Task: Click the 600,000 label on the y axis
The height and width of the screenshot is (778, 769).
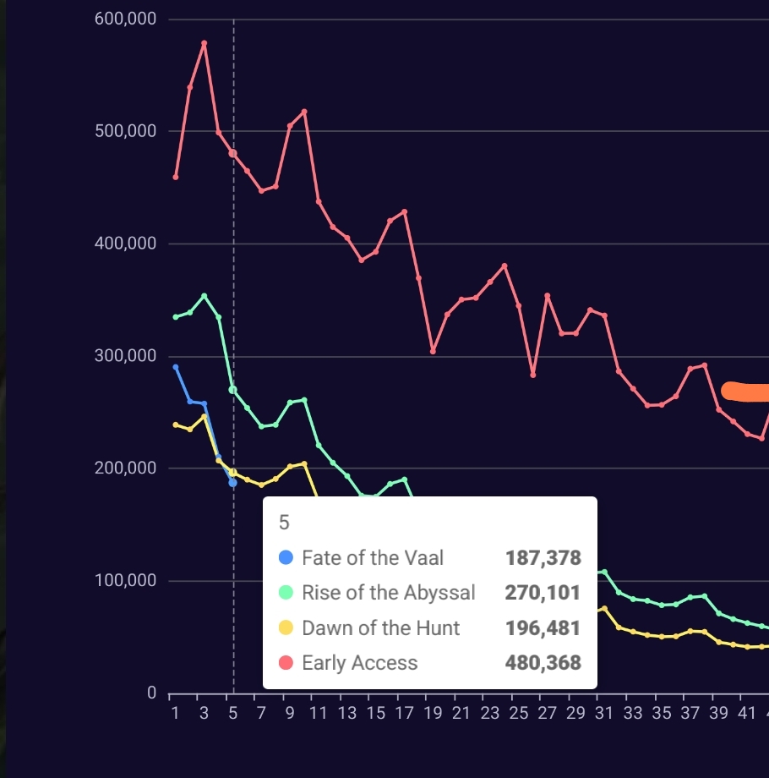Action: (126, 19)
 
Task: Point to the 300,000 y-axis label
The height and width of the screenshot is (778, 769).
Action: (126, 356)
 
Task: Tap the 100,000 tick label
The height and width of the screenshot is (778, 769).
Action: (126, 581)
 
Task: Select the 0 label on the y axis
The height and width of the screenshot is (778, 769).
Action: (151, 693)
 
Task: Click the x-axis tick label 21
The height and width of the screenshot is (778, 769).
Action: (461, 713)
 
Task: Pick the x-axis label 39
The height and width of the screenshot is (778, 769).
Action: (718, 713)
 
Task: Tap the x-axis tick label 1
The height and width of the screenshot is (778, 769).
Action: (175, 713)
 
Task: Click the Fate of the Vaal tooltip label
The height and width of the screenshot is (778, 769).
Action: (373, 558)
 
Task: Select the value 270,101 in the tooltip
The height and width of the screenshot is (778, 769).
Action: (543, 593)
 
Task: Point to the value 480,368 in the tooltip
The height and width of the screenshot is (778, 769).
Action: (543, 663)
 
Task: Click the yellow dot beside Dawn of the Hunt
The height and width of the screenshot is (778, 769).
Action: (286, 627)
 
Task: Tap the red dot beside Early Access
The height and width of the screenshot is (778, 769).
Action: (286, 663)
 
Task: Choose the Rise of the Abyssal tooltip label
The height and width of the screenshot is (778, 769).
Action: (389, 593)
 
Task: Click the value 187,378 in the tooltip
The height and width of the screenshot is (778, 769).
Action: (543, 558)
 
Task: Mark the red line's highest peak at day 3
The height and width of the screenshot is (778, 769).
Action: (205, 43)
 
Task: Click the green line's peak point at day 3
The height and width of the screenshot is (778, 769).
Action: (204, 296)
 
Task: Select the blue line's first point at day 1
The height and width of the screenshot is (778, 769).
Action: (176, 367)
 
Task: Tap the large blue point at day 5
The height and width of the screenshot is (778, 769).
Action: (232, 483)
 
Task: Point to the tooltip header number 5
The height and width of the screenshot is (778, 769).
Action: (284, 523)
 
